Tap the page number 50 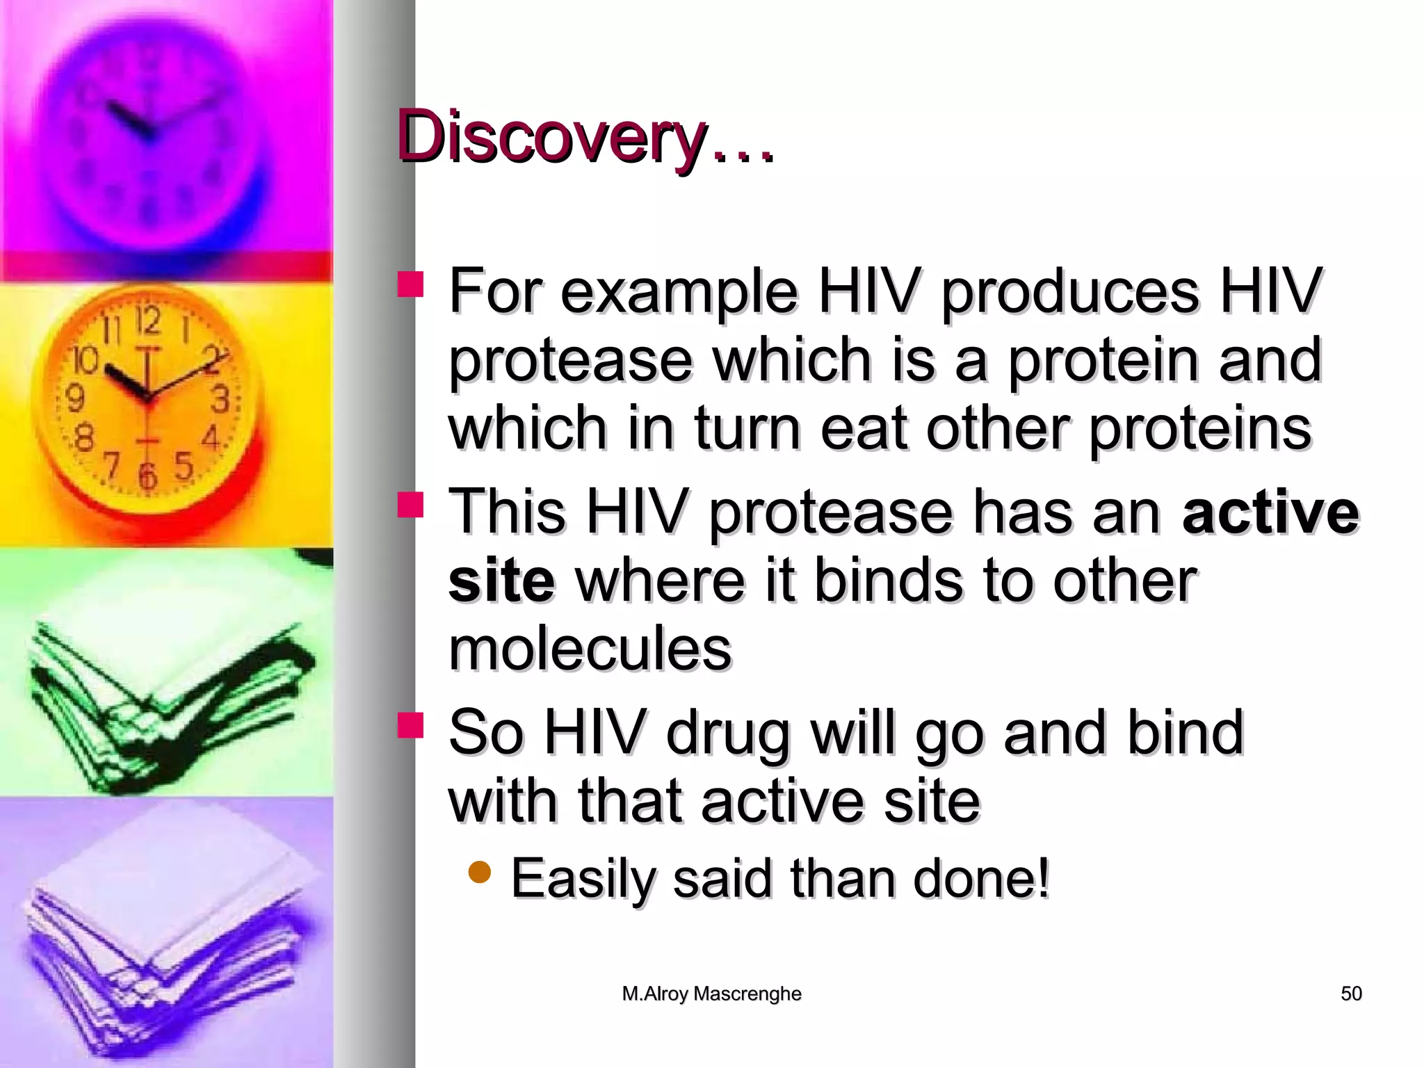point(1351,994)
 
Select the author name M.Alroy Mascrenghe point(711,994)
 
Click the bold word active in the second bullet point(1270,512)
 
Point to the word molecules point(590,649)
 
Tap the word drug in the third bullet point(728,734)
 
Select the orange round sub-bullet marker point(480,872)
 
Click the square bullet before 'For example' point(410,285)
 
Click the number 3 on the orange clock point(220,400)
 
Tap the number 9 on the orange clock point(74,398)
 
